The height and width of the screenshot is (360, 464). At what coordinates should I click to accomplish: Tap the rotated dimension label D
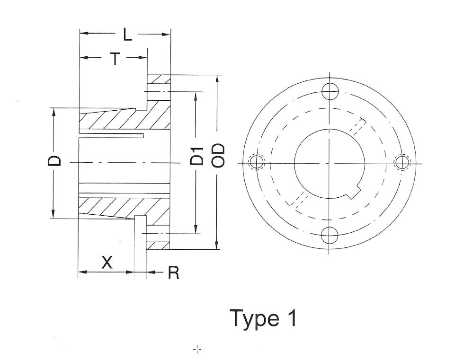(55, 160)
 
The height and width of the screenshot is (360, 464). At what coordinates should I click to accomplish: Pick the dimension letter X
(107, 262)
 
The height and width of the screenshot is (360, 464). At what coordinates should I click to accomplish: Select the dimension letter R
(174, 272)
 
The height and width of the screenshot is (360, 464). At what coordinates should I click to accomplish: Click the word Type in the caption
(253, 318)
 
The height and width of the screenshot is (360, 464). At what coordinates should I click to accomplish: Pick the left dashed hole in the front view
(257, 162)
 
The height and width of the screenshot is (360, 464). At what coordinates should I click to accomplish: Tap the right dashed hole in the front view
(402, 162)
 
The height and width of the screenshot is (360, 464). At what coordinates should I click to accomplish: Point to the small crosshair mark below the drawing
(197, 349)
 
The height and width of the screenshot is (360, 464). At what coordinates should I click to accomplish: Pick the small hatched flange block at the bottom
(158, 245)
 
